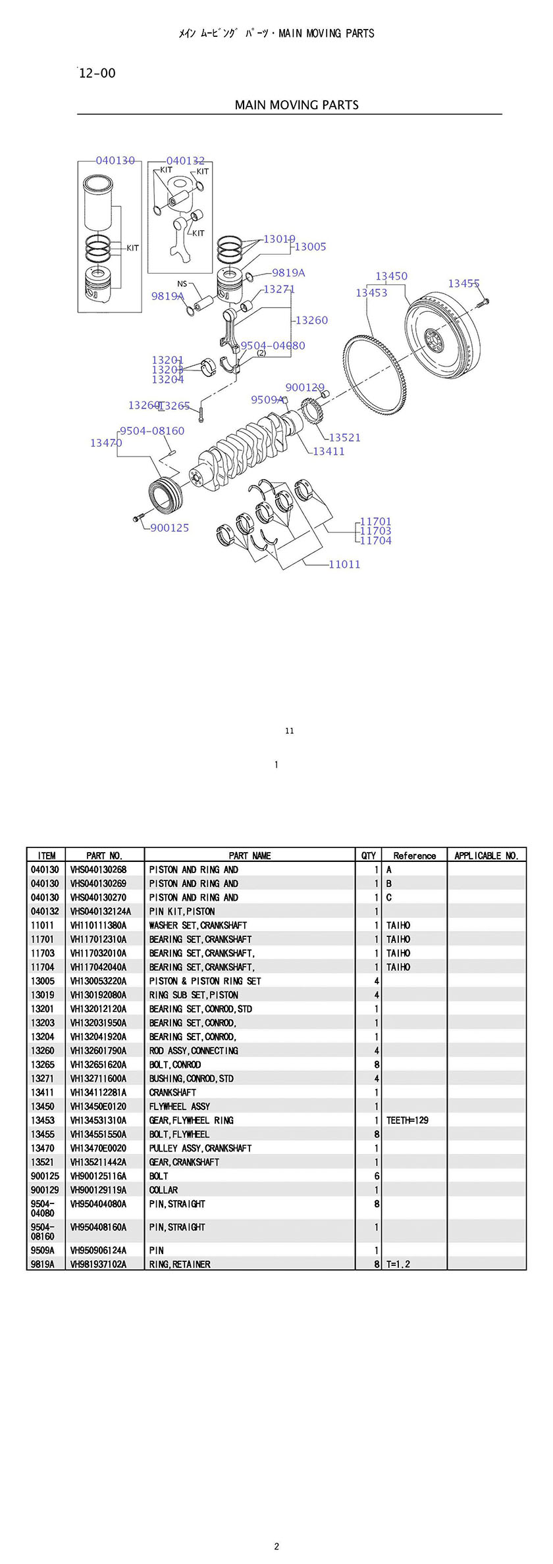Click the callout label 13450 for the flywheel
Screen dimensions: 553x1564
click(x=391, y=276)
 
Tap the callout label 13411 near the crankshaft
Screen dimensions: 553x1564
click(x=329, y=451)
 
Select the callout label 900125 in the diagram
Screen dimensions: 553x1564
click(x=170, y=528)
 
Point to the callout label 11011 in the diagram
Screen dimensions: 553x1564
click(x=344, y=564)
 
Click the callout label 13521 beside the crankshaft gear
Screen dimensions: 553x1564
click(x=344, y=438)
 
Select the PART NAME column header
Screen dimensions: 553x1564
click(x=250, y=855)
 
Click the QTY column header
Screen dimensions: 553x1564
click(x=369, y=855)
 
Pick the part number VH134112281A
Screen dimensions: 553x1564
click(x=98, y=1092)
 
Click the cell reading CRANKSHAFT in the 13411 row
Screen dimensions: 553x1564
click(x=172, y=1092)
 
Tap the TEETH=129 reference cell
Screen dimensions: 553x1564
click(x=408, y=1120)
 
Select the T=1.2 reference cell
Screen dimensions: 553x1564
click(x=398, y=1264)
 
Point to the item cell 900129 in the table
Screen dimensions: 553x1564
click(x=45, y=1190)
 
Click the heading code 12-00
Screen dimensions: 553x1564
click(x=97, y=73)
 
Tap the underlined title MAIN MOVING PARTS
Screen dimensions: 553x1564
click(x=297, y=105)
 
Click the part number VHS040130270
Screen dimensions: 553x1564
click(x=98, y=897)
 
